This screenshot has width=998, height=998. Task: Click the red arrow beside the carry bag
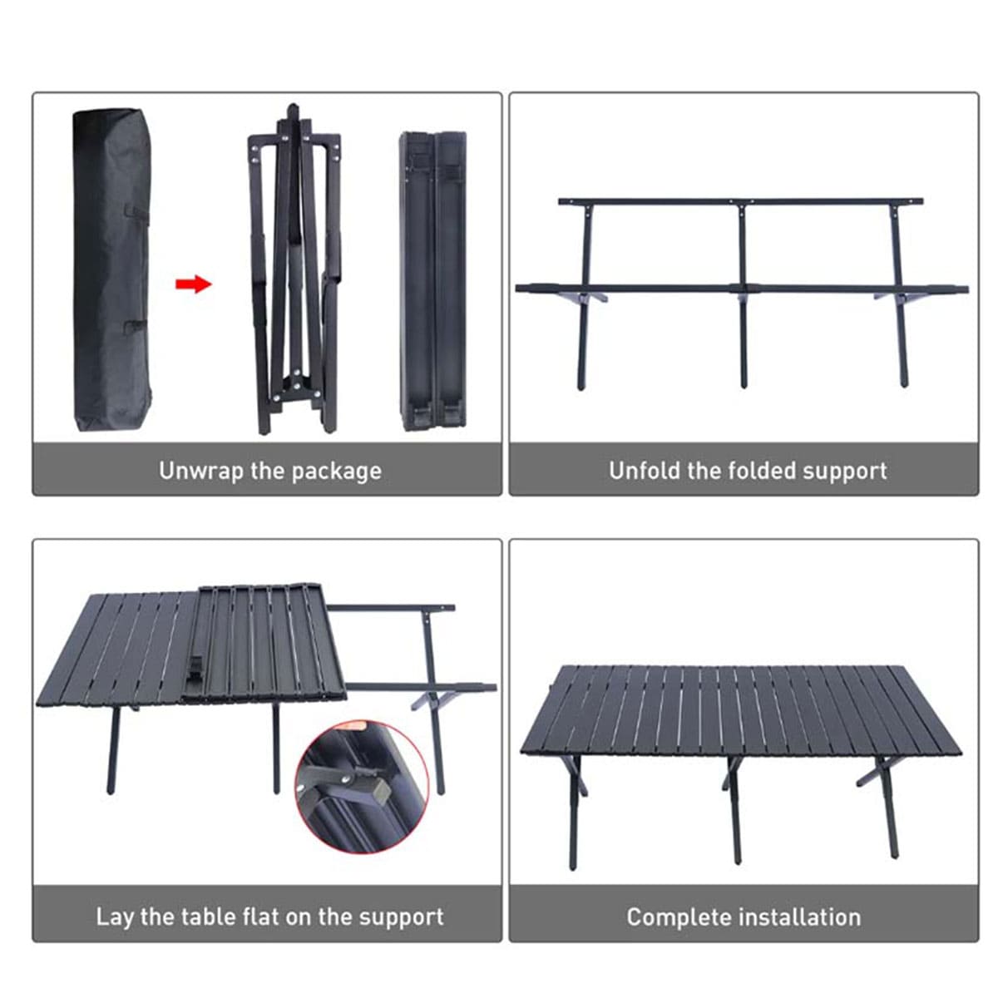coord(194,284)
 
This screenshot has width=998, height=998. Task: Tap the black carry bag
coord(112,269)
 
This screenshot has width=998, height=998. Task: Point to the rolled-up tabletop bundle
coord(433,280)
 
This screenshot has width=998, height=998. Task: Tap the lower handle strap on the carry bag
coord(136,326)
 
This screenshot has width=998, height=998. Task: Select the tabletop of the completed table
coord(741,710)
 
